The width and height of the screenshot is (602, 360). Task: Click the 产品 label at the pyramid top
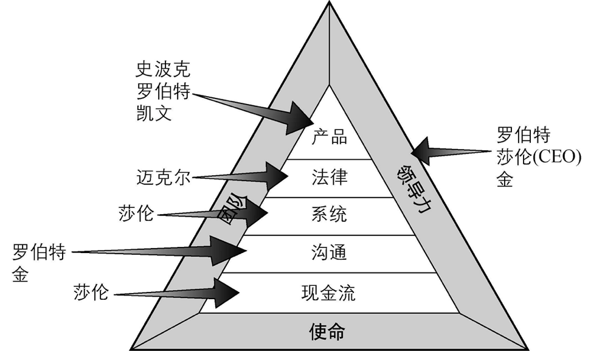tap(329, 136)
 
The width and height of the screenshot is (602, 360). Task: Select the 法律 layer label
tap(329, 178)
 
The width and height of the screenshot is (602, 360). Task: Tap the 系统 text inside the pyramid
tap(329, 215)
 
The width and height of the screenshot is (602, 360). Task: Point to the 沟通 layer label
tap(329, 252)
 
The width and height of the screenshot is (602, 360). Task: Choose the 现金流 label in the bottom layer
tap(329, 293)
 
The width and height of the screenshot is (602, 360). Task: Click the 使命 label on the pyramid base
tap(327, 331)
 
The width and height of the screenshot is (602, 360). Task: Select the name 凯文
tap(154, 112)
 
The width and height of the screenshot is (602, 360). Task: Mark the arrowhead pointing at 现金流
tap(227, 292)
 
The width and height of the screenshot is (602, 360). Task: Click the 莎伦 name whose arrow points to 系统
tap(137, 214)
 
